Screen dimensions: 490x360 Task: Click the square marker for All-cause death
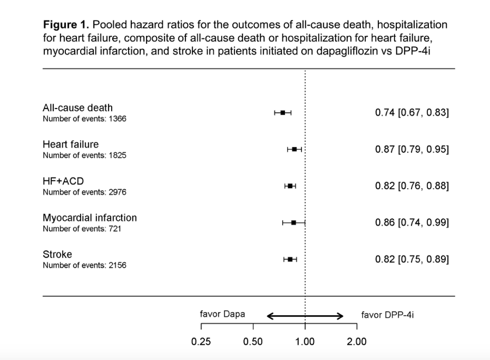pyautogui.click(x=283, y=112)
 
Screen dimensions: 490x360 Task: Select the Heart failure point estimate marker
pyautogui.click(x=294, y=149)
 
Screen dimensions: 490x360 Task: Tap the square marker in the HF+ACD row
pyautogui.click(x=290, y=186)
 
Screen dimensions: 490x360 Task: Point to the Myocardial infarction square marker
pyautogui.click(x=293, y=223)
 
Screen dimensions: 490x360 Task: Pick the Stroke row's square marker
pyautogui.click(x=290, y=259)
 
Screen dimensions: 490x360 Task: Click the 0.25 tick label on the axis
pyautogui.click(x=201, y=341)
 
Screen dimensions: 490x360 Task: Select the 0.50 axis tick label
pyautogui.click(x=253, y=341)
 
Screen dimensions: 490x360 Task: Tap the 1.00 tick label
pyautogui.click(x=305, y=341)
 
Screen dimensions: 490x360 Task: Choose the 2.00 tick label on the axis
pyautogui.click(x=356, y=341)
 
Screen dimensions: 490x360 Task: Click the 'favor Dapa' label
pyautogui.click(x=222, y=314)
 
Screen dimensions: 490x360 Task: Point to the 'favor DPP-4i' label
pyautogui.click(x=388, y=315)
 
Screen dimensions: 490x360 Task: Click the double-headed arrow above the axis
pyautogui.click(x=305, y=316)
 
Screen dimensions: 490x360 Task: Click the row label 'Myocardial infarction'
pyautogui.click(x=90, y=218)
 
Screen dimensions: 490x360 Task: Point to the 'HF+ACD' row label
pyautogui.click(x=63, y=181)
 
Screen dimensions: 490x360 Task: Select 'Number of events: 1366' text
pyautogui.click(x=84, y=119)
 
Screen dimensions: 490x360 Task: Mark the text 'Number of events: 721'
pyautogui.click(x=82, y=229)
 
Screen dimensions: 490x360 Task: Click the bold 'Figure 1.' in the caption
pyautogui.click(x=66, y=25)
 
